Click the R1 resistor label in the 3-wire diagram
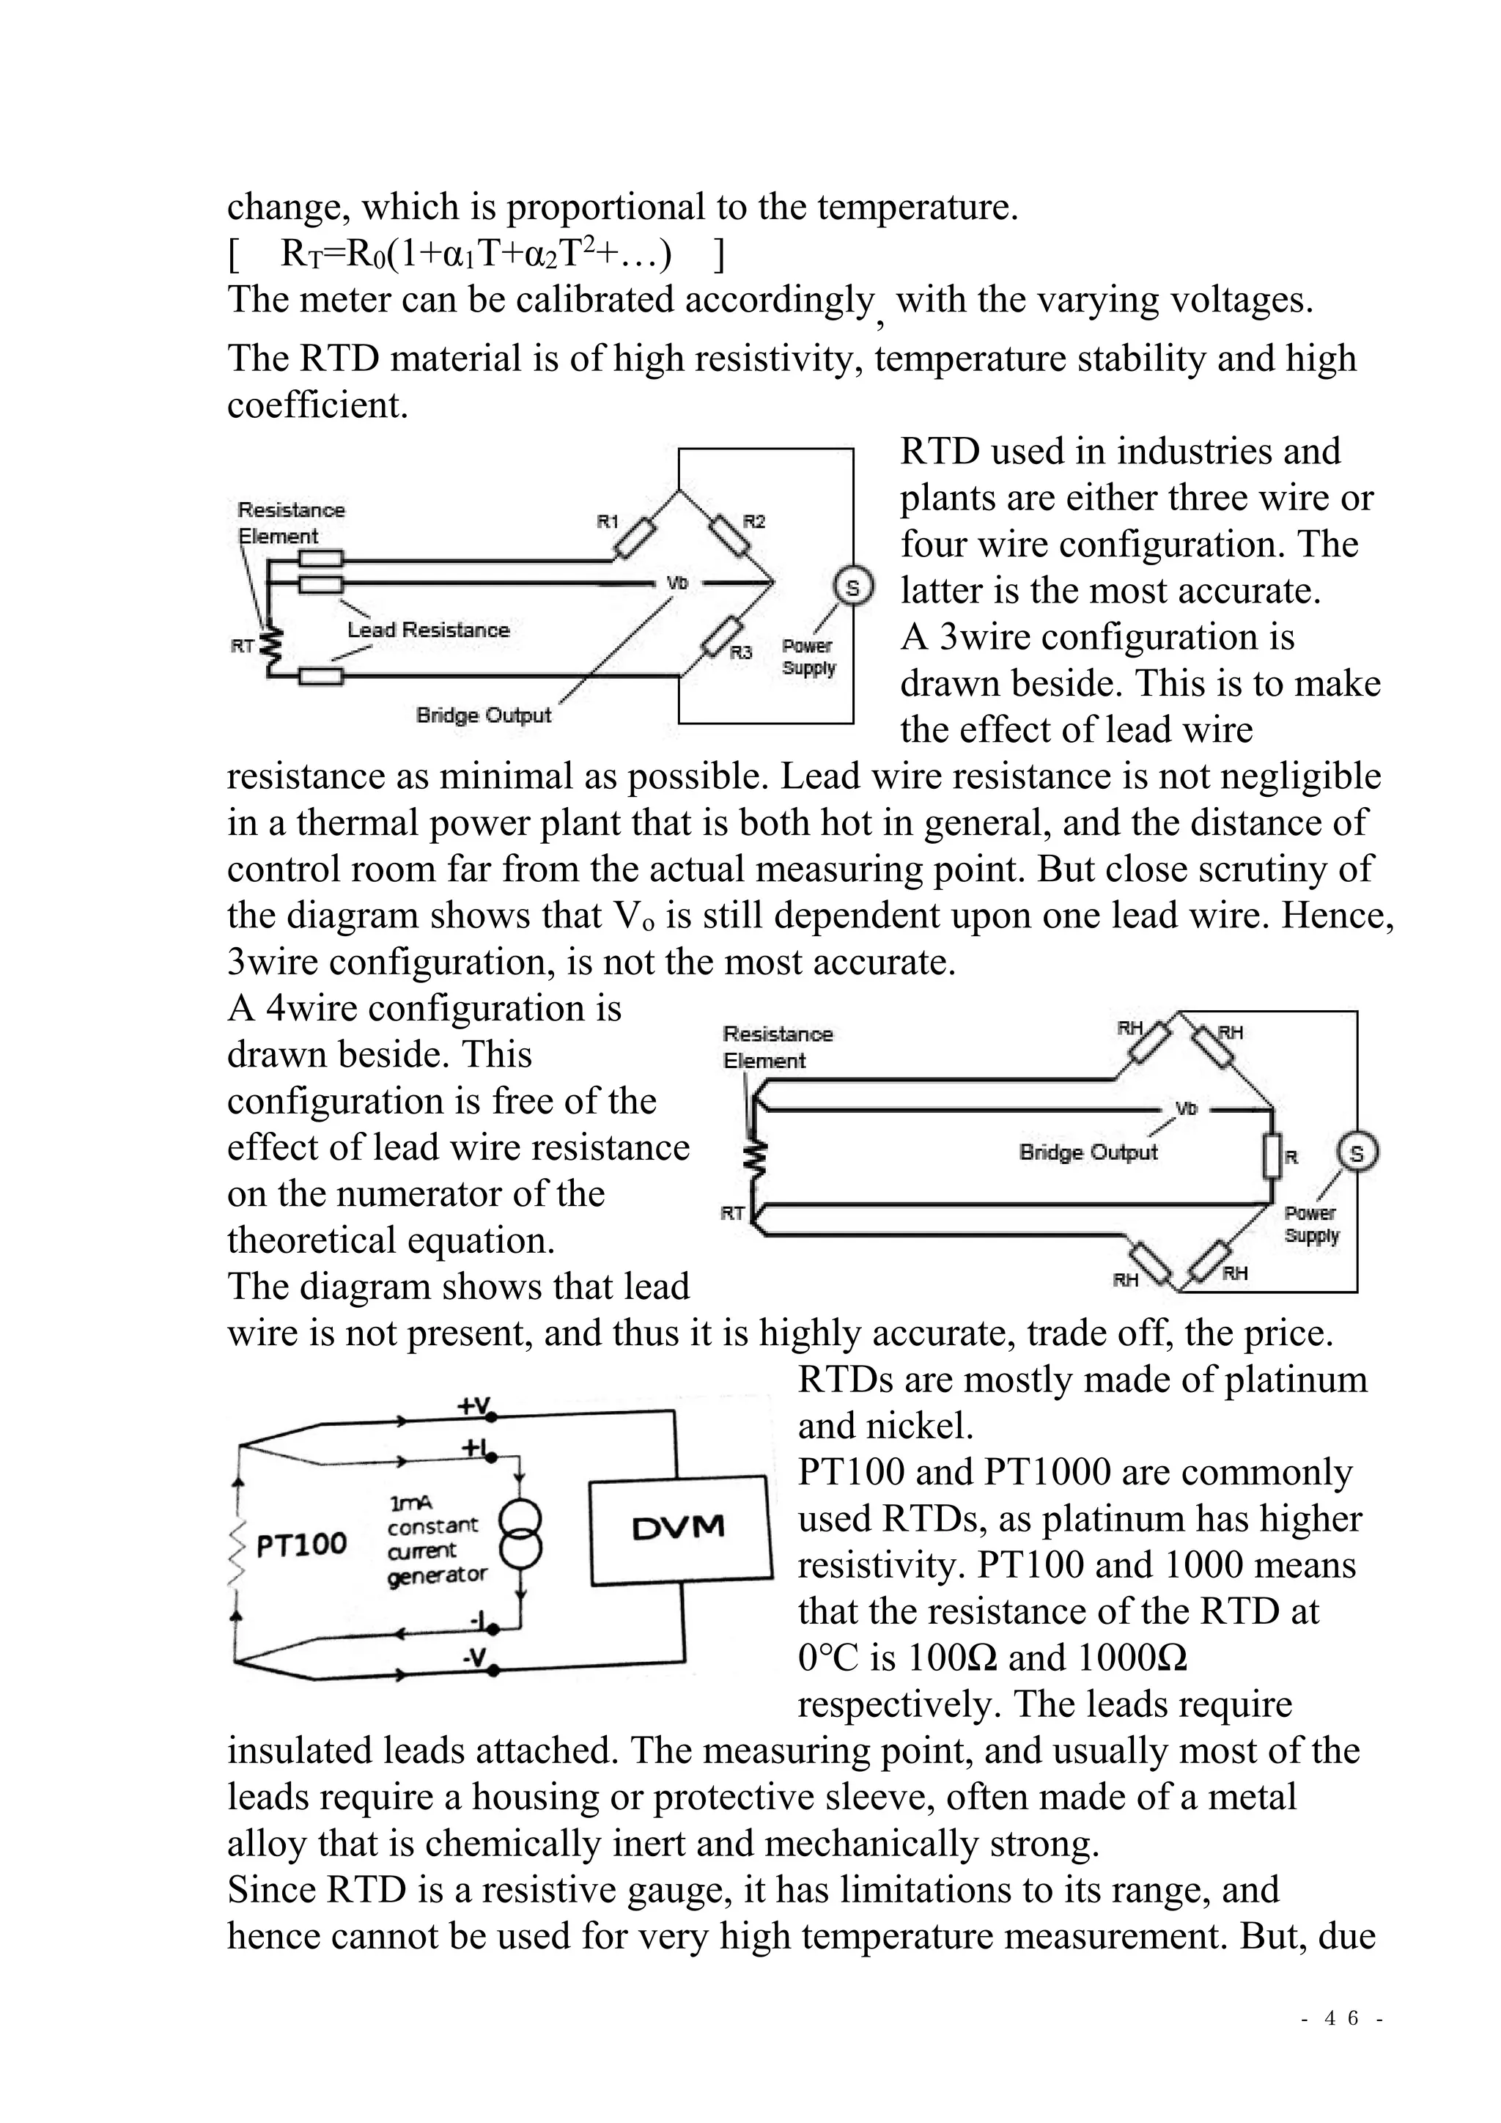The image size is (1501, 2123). tap(608, 521)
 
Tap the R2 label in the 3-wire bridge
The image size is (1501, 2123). tap(754, 521)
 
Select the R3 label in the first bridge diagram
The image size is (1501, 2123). tap(741, 652)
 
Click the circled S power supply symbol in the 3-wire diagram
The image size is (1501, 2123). tap(853, 587)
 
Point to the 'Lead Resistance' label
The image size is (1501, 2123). tap(428, 630)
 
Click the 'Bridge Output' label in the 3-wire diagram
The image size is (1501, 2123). tap(484, 715)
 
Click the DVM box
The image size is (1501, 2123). tap(679, 1528)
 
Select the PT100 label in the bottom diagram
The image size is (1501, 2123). tap(301, 1543)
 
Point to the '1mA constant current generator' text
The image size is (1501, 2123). tap(435, 1539)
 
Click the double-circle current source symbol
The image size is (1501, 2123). tap(520, 1534)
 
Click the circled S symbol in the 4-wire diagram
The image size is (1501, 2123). tap(1357, 1153)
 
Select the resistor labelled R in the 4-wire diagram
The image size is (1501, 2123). tap(1273, 1156)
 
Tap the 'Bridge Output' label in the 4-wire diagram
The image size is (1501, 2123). tap(1088, 1152)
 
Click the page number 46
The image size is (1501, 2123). tap(1341, 2017)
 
